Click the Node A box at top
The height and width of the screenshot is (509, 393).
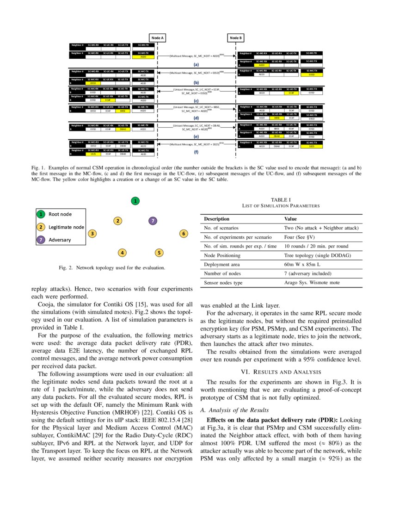click(158, 37)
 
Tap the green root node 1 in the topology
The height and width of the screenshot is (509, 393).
click(135, 201)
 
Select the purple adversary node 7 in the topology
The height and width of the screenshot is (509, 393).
click(153, 221)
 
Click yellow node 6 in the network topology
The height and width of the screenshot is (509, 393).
click(184, 234)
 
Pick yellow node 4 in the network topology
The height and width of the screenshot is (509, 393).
click(122, 253)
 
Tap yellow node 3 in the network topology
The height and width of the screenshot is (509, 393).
click(92, 234)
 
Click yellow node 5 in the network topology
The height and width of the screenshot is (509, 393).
click(159, 253)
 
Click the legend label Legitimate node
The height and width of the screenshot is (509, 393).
click(66, 227)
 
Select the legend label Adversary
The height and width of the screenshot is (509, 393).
click(60, 240)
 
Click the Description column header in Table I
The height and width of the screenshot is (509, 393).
click(216, 219)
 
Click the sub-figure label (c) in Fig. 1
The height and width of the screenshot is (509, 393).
click(196, 100)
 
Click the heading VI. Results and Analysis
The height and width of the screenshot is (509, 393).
click(281, 372)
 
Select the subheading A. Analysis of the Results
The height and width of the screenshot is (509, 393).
click(234, 410)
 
